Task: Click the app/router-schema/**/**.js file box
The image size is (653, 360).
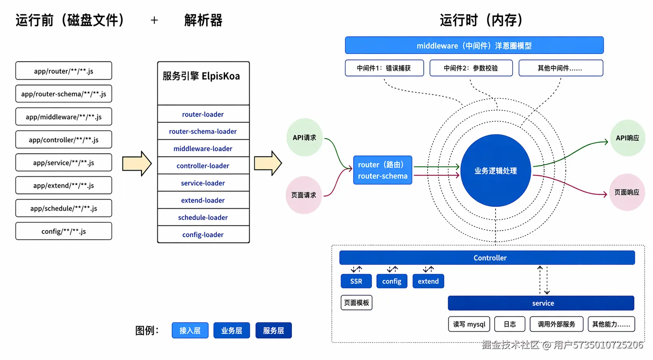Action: click(64, 94)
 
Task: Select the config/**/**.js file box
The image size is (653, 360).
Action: click(64, 231)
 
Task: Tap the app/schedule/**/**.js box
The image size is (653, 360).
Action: click(64, 208)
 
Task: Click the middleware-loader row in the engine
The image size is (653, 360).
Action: click(203, 148)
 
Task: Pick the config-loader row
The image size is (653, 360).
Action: click(203, 235)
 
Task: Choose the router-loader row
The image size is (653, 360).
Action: click(203, 114)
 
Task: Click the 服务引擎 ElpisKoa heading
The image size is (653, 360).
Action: click(201, 76)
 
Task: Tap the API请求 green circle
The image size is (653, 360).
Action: click(304, 138)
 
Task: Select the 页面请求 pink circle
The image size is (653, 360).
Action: click(304, 195)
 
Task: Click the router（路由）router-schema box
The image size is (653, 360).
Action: click(382, 170)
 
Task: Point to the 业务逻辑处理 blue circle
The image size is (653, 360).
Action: click(496, 171)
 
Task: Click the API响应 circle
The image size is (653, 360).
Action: click(627, 138)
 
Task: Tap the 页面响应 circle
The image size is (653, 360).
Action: click(627, 192)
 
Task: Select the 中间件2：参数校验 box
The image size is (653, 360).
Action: click(471, 68)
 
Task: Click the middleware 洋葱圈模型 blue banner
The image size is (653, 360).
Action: click(474, 46)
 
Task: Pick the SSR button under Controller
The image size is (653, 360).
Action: click(356, 281)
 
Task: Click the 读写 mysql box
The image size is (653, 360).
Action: click(469, 324)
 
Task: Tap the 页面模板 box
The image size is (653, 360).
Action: click(356, 302)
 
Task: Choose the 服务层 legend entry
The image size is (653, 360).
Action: click(273, 331)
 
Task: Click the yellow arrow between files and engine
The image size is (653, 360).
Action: click(137, 164)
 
